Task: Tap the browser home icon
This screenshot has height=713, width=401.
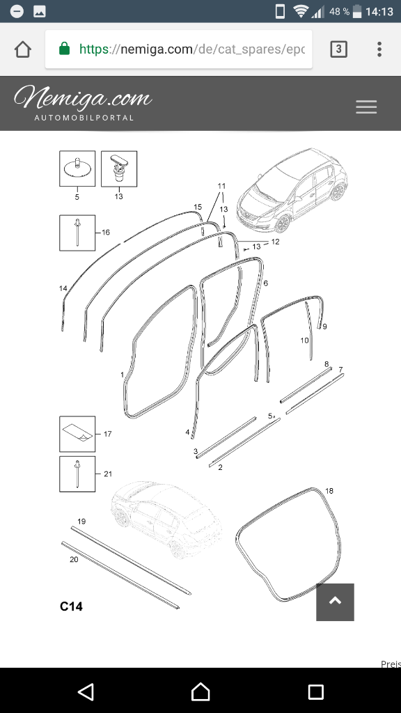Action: [x=23, y=49]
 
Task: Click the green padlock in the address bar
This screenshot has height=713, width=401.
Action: [x=65, y=48]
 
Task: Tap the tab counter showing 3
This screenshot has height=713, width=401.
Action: [x=338, y=49]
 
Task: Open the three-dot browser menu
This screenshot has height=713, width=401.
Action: [x=379, y=49]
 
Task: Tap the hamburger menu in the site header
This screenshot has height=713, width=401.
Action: [x=366, y=107]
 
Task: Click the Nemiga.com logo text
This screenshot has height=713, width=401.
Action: [x=84, y=97]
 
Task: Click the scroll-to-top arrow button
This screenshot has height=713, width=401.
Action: [x=335, y=602]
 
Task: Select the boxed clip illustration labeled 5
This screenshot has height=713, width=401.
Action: [x=77, y=169]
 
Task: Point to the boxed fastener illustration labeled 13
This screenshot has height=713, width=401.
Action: [x=119, y=169]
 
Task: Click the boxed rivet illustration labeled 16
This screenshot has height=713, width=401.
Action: [x=77, y=233]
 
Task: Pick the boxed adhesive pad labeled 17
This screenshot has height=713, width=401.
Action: [x=77, y=434]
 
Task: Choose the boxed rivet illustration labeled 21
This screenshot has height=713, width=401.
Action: [x=77, y=473]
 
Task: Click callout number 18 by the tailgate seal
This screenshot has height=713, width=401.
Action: [x=329, y=491]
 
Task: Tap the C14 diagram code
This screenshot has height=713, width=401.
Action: [x=72, y=606]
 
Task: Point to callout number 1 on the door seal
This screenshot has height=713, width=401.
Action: [x=123, y=375]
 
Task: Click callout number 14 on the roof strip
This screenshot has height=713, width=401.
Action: [x=63, y=288]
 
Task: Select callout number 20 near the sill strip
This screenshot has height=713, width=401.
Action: [x=74, y=559]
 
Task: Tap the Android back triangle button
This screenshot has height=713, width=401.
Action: [x=86, y=691]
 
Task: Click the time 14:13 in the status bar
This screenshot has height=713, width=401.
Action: [x=379, y=11]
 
